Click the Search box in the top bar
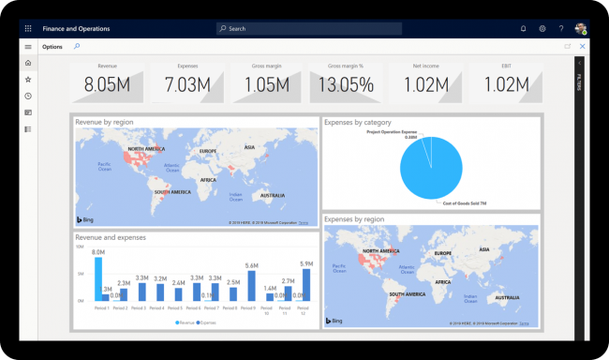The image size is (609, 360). pyautogui.click(x=309, y=29)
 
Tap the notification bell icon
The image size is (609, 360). pyautogui.click(x=523, y=29)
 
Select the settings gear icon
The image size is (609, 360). pyautogui.click(x=542, y=29)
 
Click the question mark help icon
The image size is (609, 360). pyautogui.click(x=561, y=29)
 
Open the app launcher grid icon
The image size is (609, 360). pyautogui.click(x=28, y=29)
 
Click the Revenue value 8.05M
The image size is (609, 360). pyautogui.click(x=107, y=85)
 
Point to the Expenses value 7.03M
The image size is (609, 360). pyautogui.click(x=187, y=85)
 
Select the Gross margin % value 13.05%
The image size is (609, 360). pyautogui.click(x=347, y=85)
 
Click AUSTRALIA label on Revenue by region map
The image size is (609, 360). pyautogui.click(x=273, y=195)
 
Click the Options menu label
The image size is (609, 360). pyautogui.click(x=52, y=47)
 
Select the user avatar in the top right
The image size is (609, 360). pyautogui.click(x=581, y=29)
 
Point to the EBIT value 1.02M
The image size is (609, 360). pyautogui.click(x=506, y=85)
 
